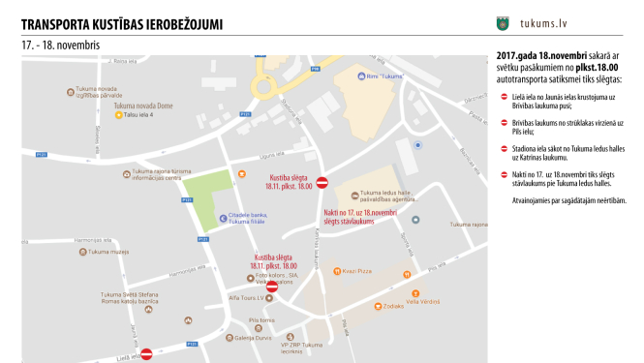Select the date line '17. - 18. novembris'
[x=60, y=45]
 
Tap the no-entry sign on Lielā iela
[x=146, y=354]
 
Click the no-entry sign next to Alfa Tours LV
[x=272, y=287]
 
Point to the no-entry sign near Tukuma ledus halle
[x=322, y=181]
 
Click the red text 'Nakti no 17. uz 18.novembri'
[x=361, y=211]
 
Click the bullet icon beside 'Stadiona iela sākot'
[x=504, y=148]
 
